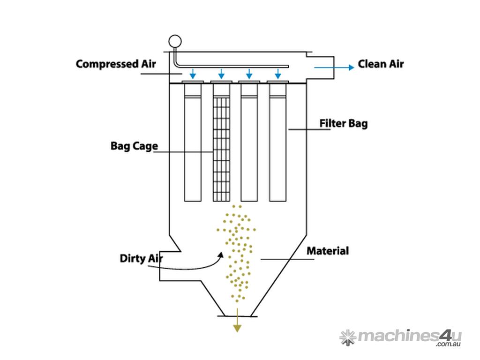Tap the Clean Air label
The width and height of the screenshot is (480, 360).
click(x=381, y=64)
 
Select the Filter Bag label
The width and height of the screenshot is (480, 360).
click(x=344, y=124)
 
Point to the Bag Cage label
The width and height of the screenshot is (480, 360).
click(x=134, y=146)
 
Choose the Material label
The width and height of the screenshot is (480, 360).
click(x=328, y=251)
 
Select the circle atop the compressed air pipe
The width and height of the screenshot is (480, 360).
click(x=174, y=42)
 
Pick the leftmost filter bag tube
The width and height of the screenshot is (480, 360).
click(x=193, y=145)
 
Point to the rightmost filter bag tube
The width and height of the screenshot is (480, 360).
click(x=277, y=145)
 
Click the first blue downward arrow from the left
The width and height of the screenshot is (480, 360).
click(x=193, y=74)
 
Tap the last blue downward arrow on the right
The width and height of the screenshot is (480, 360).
click(x=277, y=74)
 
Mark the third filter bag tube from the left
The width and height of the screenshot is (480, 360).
click(x=249, y=145)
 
